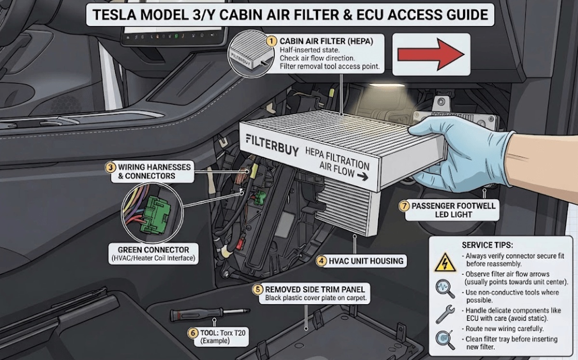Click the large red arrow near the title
click(x=431, y=54)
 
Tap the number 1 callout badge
click(x=272, y=41)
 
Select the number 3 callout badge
click(x=110, y=167)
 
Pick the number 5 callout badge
click(x=258, y=290)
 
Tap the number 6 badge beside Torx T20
click(x=193, y=333)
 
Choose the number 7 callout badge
click(x=404, y=206)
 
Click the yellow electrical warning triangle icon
click(x=445, y=262)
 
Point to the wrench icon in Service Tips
click(x=445, y=314)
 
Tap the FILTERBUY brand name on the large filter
click(x=272, y=145)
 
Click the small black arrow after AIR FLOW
click(x=363, y=176)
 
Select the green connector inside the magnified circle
click(x=155, y=214)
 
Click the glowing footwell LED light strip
click(x=387, y=85)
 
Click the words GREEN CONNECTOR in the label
click(x=153, y=250)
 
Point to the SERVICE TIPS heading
click(x=487, y=245)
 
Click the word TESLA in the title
click(x=114, y=15)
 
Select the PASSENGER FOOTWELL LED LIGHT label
click(x=453, y=210)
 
